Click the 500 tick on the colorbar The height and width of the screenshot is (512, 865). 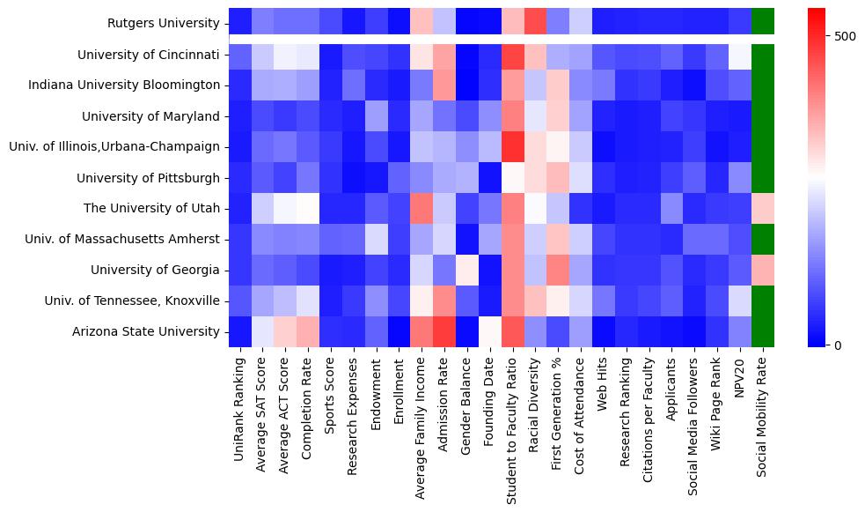(845, 36)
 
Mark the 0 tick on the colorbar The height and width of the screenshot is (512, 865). (838, 345)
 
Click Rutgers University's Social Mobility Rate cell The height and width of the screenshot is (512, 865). (764, 22)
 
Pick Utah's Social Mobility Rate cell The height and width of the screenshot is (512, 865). (764, 208)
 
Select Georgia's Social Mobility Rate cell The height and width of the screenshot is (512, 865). (764, 270)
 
